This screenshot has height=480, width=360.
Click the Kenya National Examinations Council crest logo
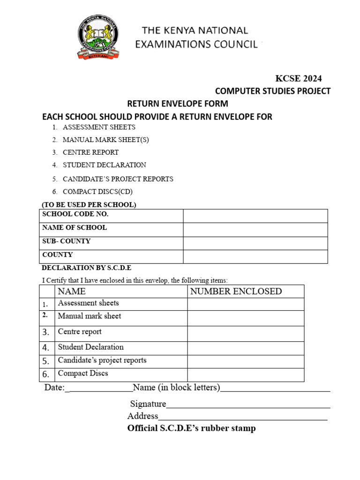click(x=98, y=37)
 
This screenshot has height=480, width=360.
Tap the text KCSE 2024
click(x=298, y=78)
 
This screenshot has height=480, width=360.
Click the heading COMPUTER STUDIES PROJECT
click(x=273, y=91)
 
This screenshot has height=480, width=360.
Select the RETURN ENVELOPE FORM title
click(x=178, y=104)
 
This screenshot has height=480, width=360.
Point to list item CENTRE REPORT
click(x=90, y=152)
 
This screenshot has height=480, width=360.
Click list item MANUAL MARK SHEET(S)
click(x=106, y=140)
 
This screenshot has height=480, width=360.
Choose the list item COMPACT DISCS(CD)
click(x=101, y=191)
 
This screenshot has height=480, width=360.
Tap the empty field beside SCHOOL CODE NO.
click(x=255, y=216)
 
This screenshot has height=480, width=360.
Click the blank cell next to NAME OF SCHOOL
click(x=255, y=229)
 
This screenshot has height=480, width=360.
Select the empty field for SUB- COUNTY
click(x=255, y=243)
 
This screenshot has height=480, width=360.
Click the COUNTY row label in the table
click(x=58, y=255)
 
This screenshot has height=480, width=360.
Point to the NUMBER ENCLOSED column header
click(x=236, y=292)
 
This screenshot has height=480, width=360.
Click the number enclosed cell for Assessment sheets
click(x=246, y=304)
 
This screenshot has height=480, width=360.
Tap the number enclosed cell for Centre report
click(x=246, y=333)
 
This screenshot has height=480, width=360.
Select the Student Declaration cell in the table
click(x=91, y=347)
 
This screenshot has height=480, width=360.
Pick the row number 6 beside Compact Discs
click(x=46, y=375)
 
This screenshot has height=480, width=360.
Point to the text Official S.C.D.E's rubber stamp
click(x=191, y=428)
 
